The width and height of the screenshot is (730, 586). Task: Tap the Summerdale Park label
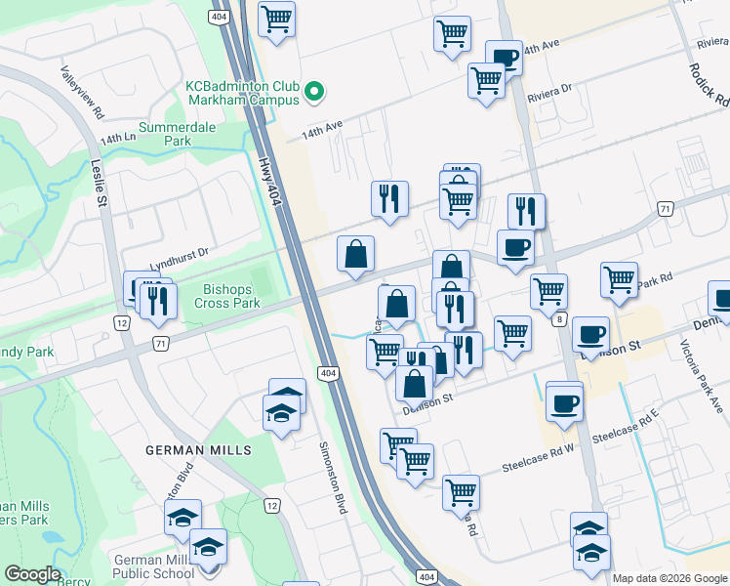click(x=178, y=134)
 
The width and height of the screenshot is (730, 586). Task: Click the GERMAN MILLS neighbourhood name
click(x=198, y=450)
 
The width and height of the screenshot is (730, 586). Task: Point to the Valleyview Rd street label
click(x=81, y=93)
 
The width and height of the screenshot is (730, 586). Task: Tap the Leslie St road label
click(x=100, y=185)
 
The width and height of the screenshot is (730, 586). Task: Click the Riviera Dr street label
click(x=549, y=91)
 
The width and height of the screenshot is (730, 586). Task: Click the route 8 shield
click(x=558, y=319)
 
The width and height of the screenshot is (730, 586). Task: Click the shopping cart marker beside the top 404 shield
click(x=277, y=19)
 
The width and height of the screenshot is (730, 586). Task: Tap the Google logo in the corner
click(x=33, y=574)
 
